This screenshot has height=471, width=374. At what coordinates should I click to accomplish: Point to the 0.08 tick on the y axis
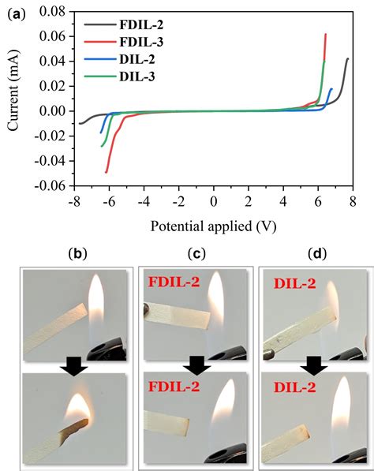click(50, 10)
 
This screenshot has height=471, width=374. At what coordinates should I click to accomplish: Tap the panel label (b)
click(77, 254)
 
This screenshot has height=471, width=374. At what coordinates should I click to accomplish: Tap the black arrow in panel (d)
click(314, 365)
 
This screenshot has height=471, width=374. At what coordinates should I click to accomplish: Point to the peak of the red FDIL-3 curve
click(325, 34)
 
